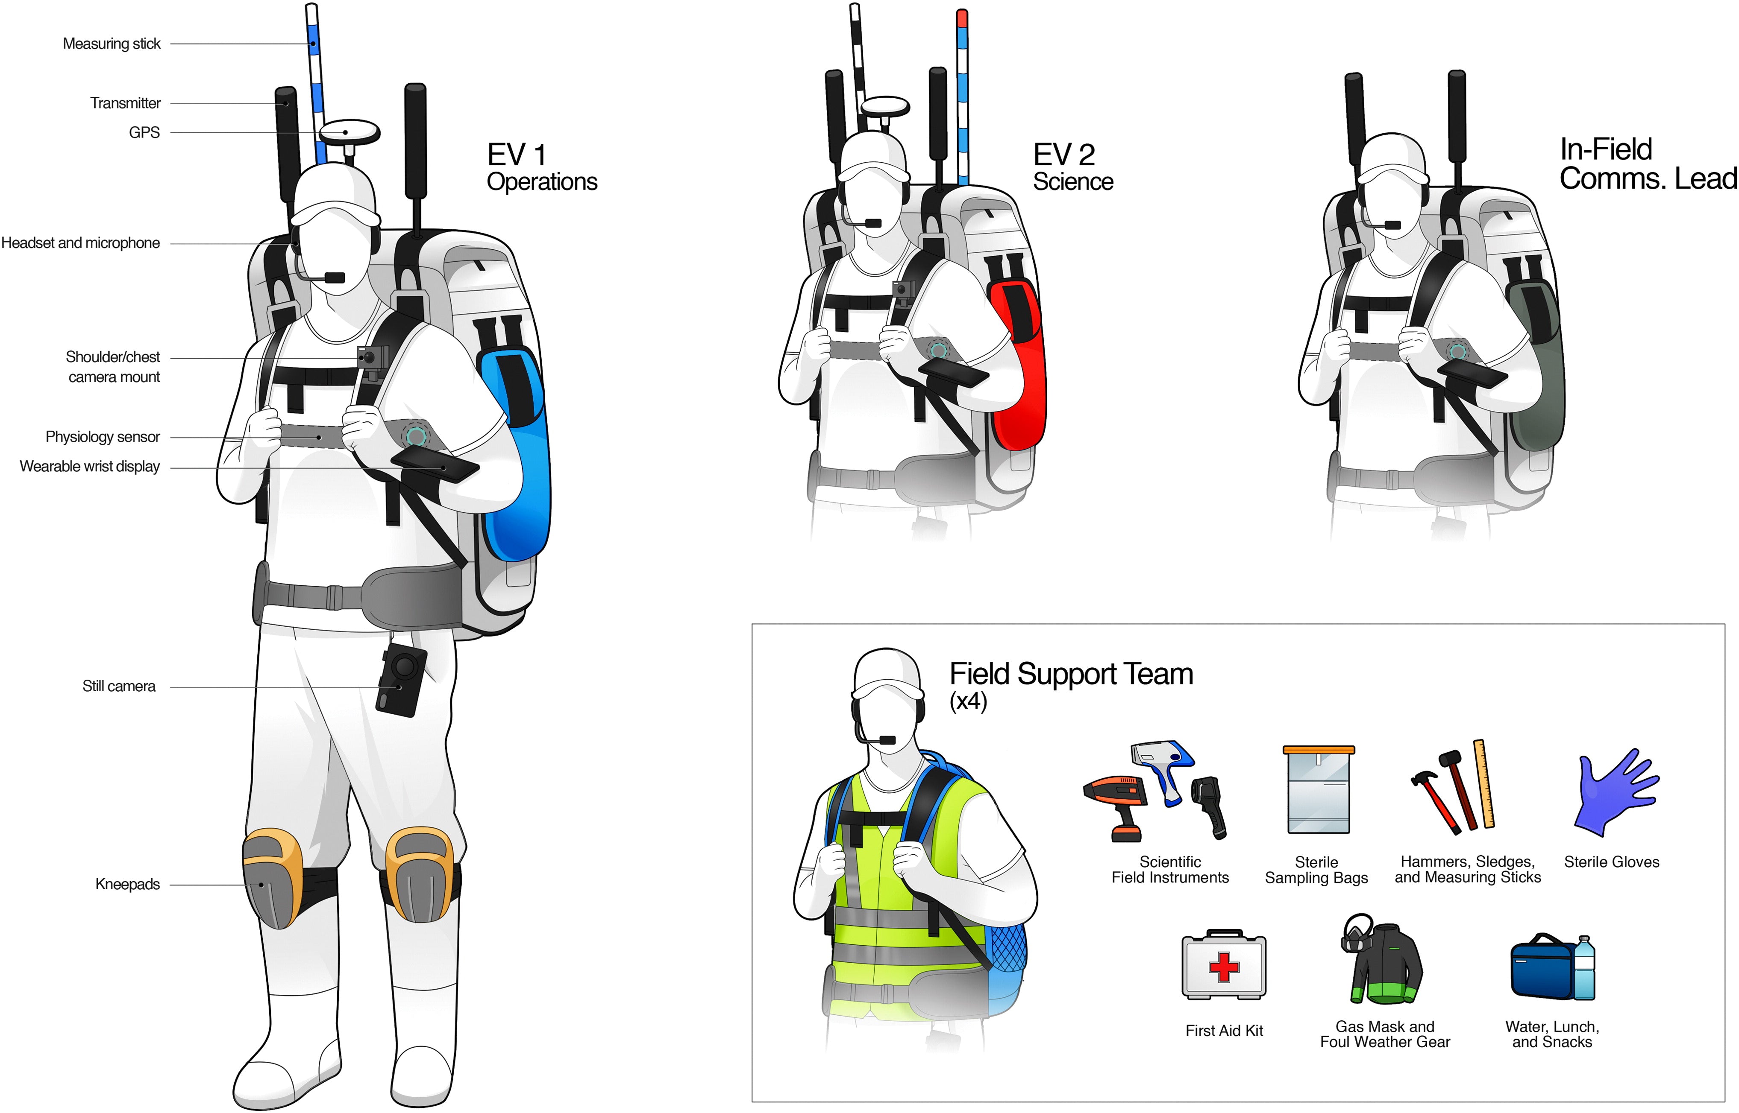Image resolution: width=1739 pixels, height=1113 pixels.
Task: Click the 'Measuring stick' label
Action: pyautogui.click(x=112, y=44)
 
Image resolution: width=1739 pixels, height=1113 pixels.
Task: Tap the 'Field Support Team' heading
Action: pyautogui.click(x=1070, y=674)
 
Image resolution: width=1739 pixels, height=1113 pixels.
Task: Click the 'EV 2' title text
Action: pyautogui.click(x=1063, y=155)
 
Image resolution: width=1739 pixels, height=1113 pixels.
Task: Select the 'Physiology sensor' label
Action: pyautogui.click(x=103, y=437)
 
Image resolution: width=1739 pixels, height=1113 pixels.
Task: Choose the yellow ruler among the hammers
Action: pyautogui.click(x=1484, y=784)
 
